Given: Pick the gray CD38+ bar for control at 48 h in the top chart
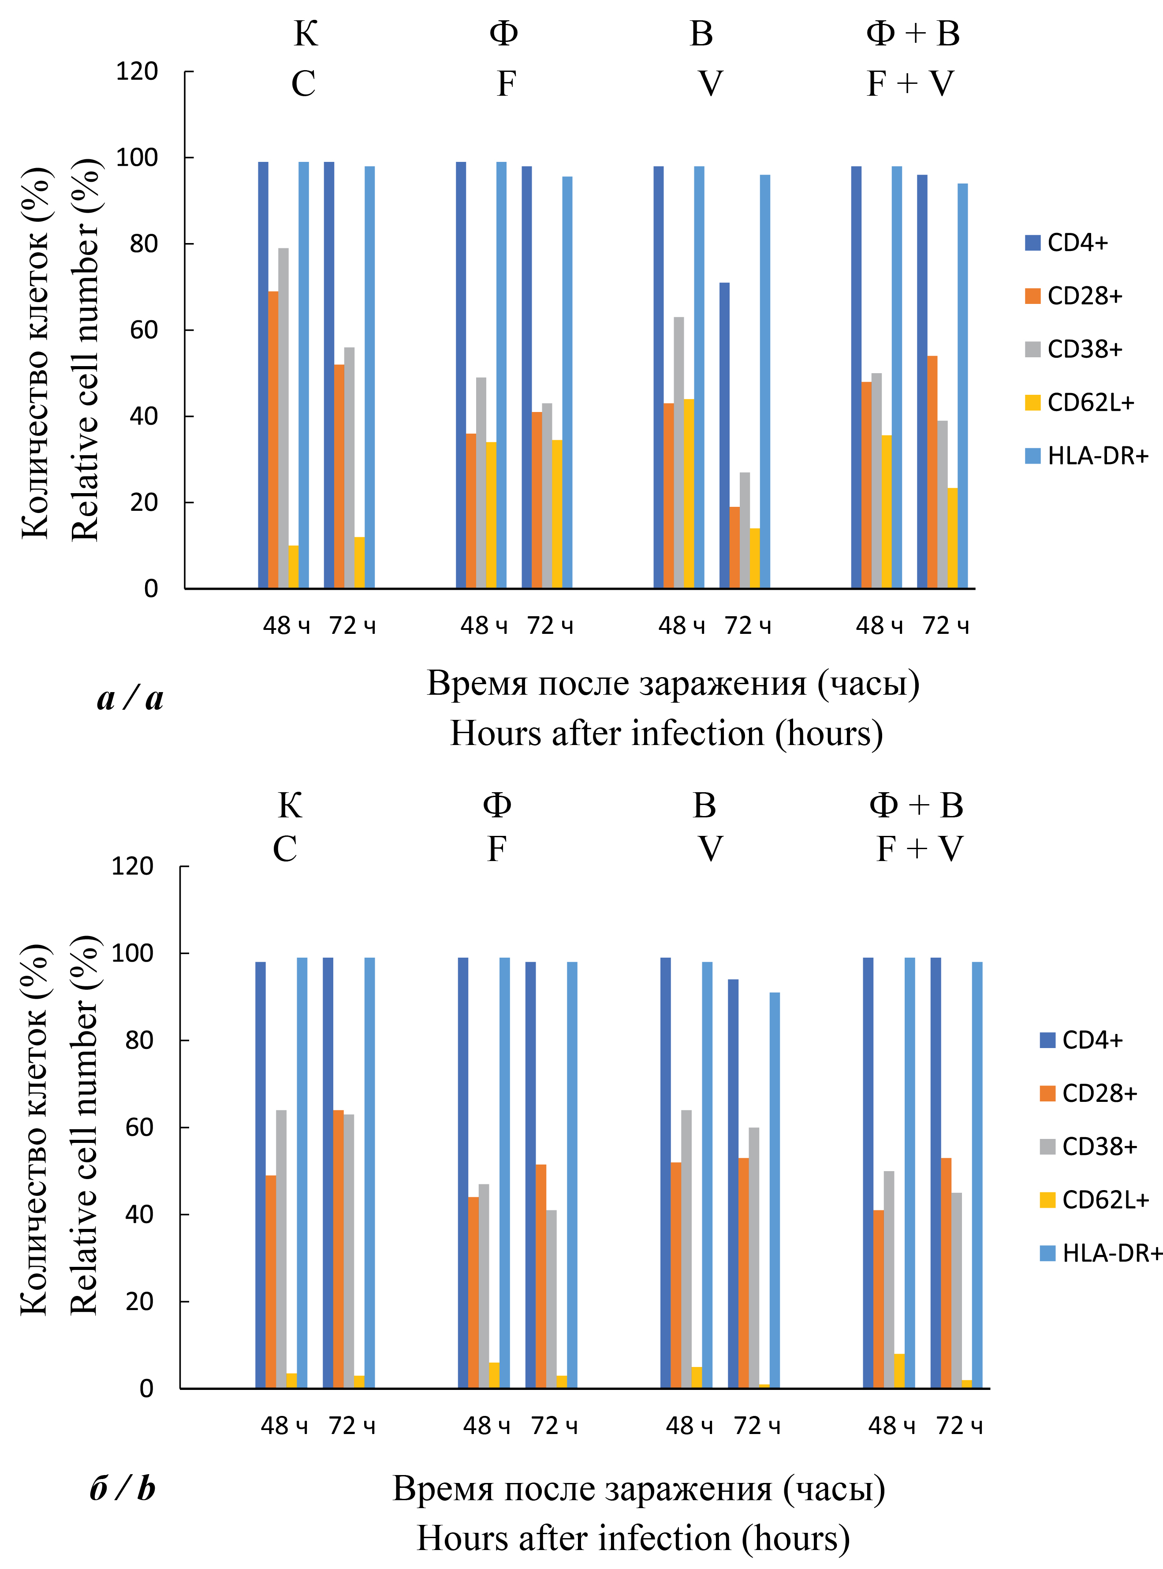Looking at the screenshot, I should [x=283, y=418].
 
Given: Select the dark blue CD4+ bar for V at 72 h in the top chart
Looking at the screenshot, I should [x=724, y=435].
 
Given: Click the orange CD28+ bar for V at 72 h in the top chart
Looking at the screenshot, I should [x=734, y=547].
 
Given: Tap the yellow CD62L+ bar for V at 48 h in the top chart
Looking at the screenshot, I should [x=689, y=494].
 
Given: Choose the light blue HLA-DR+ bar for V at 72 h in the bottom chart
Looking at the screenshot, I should [x=775, y=1190].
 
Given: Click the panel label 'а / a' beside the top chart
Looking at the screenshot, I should [x=130, y=699].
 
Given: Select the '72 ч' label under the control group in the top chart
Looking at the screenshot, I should [x=352, y=625].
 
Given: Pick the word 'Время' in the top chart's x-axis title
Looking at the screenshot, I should [x=477, y=683].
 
